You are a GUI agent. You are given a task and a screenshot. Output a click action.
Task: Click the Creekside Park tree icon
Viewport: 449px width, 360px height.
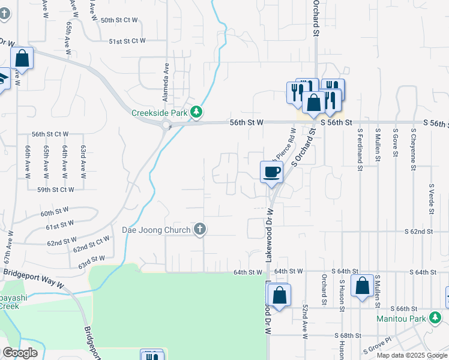(196, 112)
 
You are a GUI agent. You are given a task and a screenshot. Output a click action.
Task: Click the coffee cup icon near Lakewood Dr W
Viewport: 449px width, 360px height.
(271, 172)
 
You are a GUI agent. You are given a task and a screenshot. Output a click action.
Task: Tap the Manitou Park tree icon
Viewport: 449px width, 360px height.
(436, 319)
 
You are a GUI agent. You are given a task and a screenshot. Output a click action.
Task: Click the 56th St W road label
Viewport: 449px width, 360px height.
(247, 122)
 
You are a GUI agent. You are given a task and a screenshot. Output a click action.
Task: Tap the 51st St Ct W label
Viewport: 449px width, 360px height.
(127, 41)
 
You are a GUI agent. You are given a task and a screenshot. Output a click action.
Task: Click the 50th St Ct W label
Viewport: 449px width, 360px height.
(119, 20)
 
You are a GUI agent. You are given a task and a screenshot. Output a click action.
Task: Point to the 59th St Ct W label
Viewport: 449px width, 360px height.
(55, 190)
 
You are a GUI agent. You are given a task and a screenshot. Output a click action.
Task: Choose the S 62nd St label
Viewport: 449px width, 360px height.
(418, 231)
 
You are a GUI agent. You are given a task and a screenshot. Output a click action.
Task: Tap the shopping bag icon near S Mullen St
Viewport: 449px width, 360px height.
(363, 286)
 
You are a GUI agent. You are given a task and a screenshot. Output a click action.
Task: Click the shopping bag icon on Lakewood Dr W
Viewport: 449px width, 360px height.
(279, 295)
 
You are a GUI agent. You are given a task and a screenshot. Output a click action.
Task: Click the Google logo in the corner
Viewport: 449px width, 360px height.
(20, 353)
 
